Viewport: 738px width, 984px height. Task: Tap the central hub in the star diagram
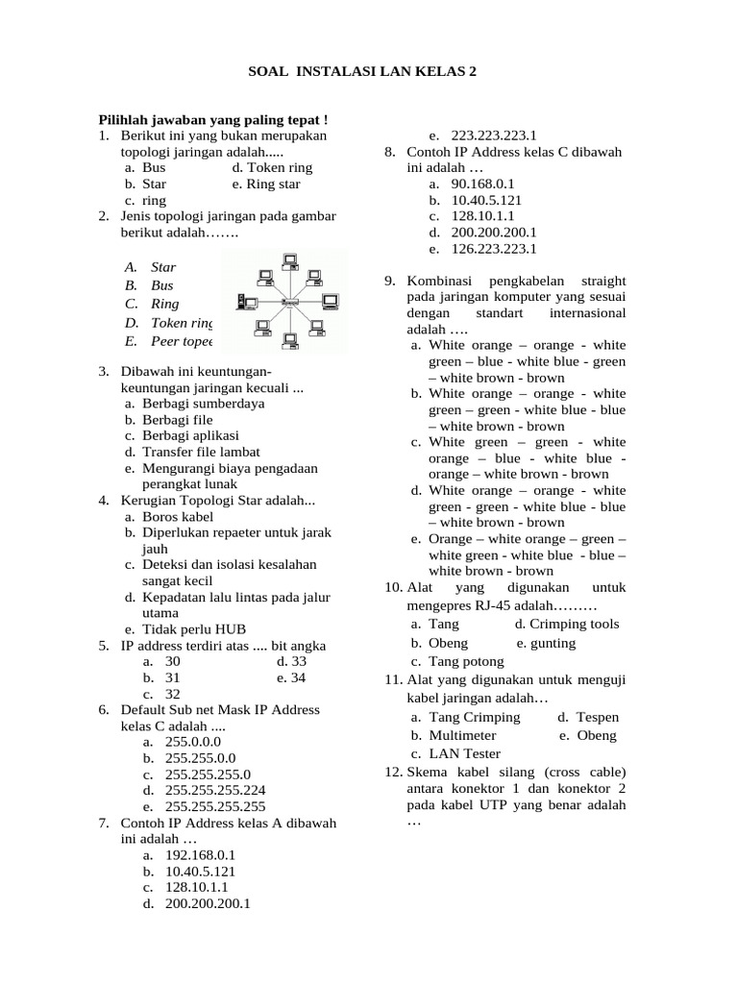click(x=285, y=304)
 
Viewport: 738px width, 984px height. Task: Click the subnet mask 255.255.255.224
click(x=215, y=790)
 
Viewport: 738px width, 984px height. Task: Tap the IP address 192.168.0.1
click(x=200, y=854)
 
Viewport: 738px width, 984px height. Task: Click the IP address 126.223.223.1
click(x=493, y=249)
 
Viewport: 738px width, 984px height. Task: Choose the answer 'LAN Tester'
click(x=464, y=753)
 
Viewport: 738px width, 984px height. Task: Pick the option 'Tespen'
click(x=597, y=717)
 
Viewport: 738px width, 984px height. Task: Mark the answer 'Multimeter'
click(x=463, y=735)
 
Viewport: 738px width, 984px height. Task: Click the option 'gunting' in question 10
click(x=552, y=643)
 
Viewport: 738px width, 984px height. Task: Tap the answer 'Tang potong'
click(x=466, y=661)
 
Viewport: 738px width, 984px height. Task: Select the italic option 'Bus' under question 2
click(x=161, y=285)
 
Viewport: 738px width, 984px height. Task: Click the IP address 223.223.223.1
click(x=493, y=136)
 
